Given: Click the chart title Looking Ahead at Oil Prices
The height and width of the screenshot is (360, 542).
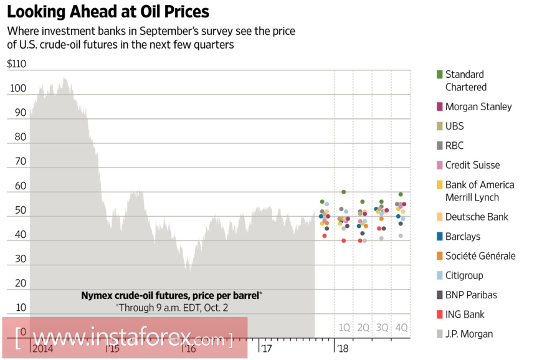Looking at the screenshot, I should pyautogui.click(x=108, y=12).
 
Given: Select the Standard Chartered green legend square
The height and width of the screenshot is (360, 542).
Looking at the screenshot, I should pyautogui.click(x=440, y=74).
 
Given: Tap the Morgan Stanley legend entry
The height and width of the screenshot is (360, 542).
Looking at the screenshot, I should pyautogui.click(x=478, y=107).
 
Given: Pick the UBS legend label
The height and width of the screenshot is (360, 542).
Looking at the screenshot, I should pyautogui.click(x=454, y=126).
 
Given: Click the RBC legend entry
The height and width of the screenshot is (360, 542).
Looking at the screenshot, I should pyautogui.click(x=454, y=146).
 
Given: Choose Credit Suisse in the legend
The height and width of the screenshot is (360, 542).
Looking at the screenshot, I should pyautogui.click(x=472, y=165).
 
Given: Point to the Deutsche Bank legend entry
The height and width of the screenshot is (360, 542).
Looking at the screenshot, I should pyautogui.click(x=477, y=217).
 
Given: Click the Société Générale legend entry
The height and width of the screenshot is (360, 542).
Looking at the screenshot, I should pyautogui.click(x=480, y=256).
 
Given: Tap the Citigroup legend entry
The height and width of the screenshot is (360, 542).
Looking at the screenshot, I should pyautogui.click(x=464, y=275).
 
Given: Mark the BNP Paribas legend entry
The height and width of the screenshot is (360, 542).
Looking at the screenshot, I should pyautogui.click(x=471, y=295).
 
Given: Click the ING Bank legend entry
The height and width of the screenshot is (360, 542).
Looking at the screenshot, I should pyautogui.click(x=465, y=315).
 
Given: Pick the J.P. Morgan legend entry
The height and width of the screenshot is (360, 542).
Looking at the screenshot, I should pyautogui.click(x=468, y=334).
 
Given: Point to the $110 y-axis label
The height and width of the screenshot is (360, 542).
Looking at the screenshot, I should pyautogui.click(x=17, y=64).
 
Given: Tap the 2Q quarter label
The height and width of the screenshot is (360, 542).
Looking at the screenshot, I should pyautogui.click(x=363, y=327).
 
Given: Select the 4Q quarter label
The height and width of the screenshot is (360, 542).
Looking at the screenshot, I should pyautogui.click(x=401, y=327).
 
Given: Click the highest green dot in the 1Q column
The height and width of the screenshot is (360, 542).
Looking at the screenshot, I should pyautogui.click(x=343, y=192).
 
